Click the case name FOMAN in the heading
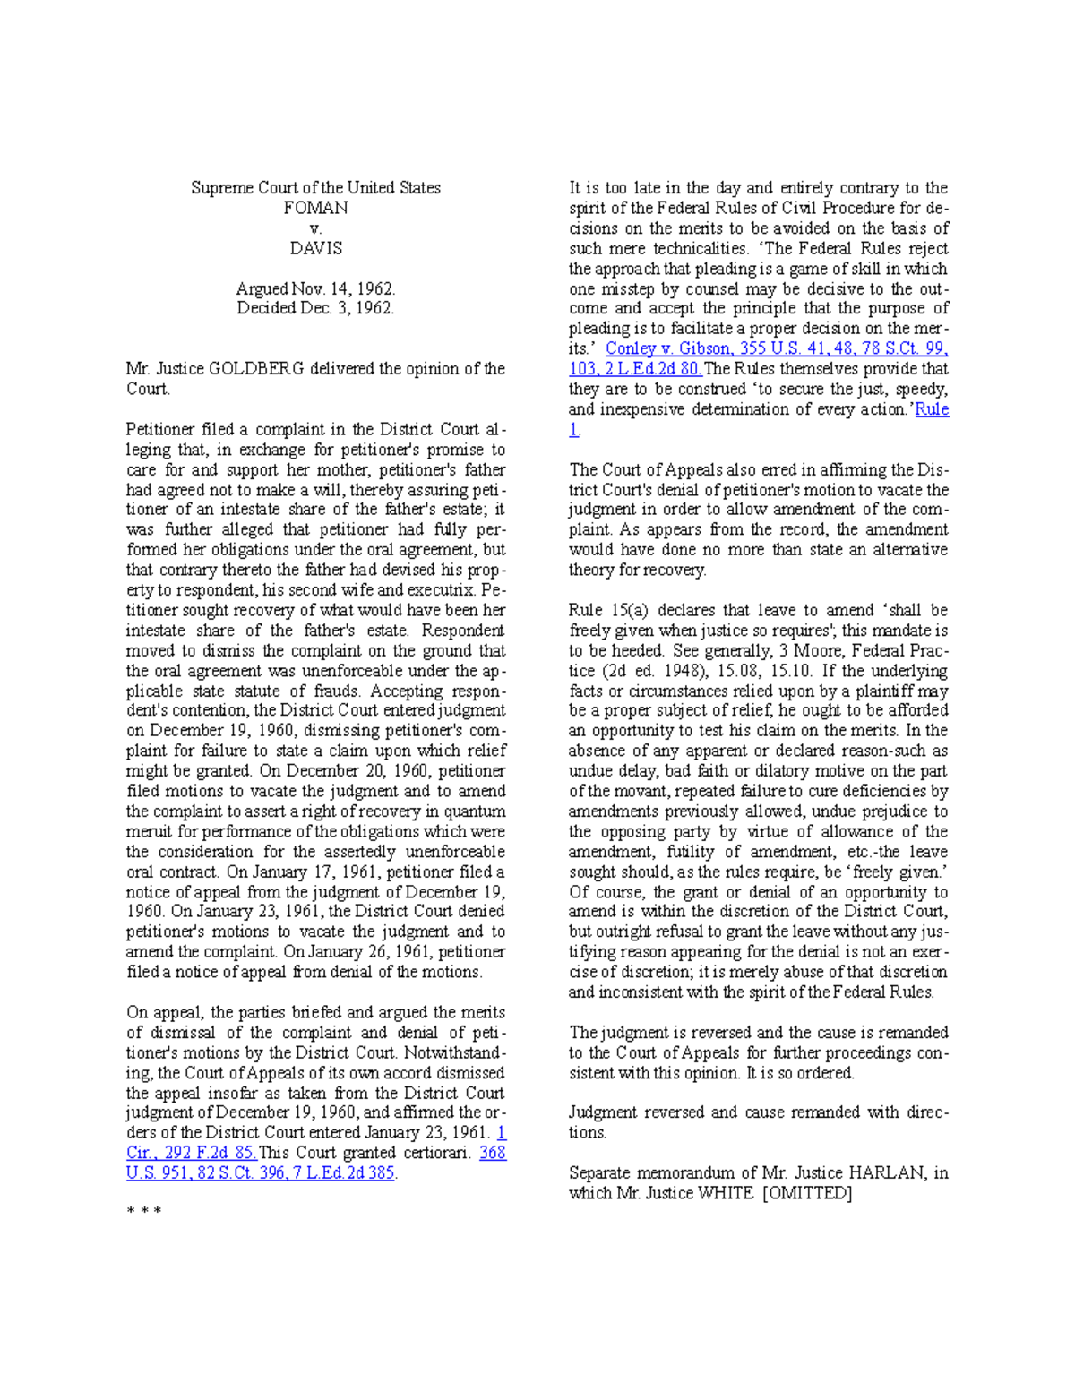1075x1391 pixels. (x=315, y=208)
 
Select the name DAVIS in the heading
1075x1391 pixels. (x=315, y=248)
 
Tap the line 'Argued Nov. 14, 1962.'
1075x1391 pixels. (x=315, y=288)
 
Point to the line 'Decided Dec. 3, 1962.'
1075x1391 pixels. (x=315, y=308)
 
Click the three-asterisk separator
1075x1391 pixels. (x=143, y=1212)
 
